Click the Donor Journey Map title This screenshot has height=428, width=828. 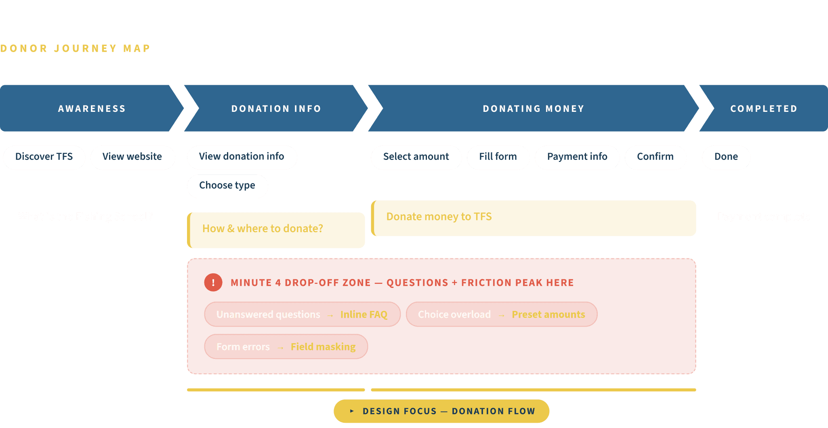[75, 48]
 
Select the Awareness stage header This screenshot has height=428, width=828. [92, 109]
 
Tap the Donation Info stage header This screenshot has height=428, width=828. [276, 109]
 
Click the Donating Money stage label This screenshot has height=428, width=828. [533, 109]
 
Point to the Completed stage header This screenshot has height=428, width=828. [763, 109]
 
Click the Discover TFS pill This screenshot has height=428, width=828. [44, 157]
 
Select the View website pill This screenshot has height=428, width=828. [132, 157]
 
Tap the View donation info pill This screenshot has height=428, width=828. [242, 157]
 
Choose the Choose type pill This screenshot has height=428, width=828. [227, 186]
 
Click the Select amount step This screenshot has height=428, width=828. [416, 157]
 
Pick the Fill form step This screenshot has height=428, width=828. [498, 157]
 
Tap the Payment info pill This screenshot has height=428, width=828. [577, 157]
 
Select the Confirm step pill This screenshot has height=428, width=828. [655, 157]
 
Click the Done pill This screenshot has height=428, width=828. [726, 157]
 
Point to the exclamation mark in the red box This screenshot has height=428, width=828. [213, 283]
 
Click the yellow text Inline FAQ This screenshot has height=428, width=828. [364, 315]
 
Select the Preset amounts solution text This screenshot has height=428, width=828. [548, 315]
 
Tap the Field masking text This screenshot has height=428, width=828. [323, 347]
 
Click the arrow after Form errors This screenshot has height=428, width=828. [280, 348]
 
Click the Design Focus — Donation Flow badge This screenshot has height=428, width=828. [441, 411]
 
